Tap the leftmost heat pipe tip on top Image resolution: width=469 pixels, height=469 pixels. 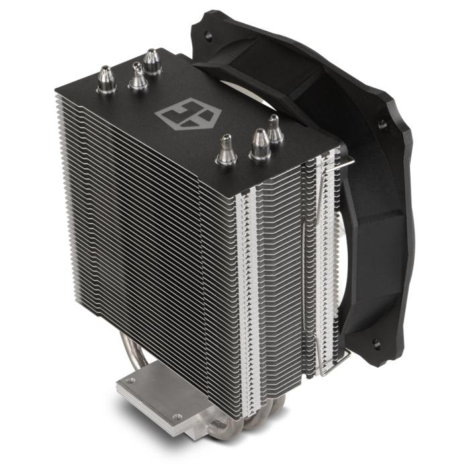106,80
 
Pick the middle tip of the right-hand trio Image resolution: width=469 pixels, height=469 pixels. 259,143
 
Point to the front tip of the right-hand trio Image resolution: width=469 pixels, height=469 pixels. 226,151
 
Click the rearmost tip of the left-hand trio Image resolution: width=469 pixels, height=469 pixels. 152,61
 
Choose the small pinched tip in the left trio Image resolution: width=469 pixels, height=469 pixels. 137,76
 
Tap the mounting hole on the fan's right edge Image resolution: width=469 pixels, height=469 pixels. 382,124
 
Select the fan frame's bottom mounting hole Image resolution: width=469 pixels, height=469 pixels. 376,345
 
